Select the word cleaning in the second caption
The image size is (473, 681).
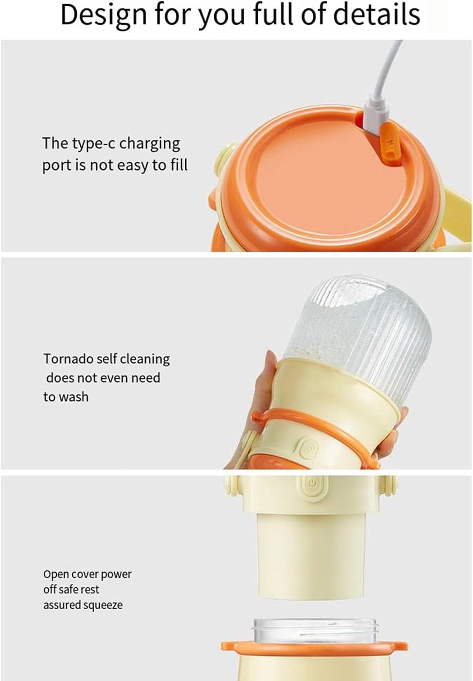(147, 359)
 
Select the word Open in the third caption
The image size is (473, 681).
(54, 575)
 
